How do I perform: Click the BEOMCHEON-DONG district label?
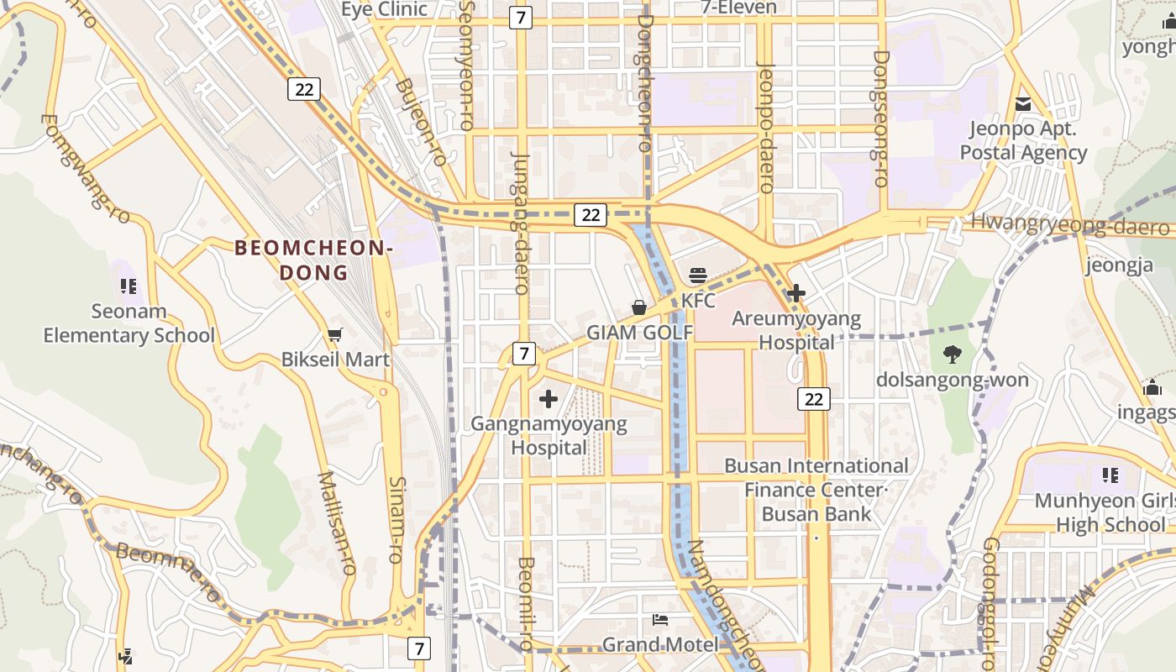click(x=313, y=260)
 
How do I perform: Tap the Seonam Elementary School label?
click(x=129, y=323)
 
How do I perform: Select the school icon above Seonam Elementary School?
click(x=128, y=286)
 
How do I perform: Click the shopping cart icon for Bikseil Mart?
click(x=335, y=335)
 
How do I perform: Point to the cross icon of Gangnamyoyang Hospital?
click(x=549, y=398)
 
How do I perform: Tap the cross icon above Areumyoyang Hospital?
click(x=795, y=293)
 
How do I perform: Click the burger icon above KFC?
click(x=698, y=275)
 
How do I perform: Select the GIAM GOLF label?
click(x=639, y=333)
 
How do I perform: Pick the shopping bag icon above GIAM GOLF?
click(x=639, y=307)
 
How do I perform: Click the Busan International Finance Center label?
click(x=816, y=477)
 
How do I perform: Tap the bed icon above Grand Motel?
click(x=660, y=620)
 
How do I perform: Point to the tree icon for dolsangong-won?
click(x=952, y=354)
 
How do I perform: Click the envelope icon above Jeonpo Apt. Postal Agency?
click(x=1023, y=105)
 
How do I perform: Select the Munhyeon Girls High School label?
click(x=1100, y=512)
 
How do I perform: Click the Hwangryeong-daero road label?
click(x=1069, y=224)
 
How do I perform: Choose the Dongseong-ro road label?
click(x=879, y=118)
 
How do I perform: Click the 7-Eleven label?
click(x=739, y=8)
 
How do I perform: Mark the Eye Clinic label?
click(x=384, y=9)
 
